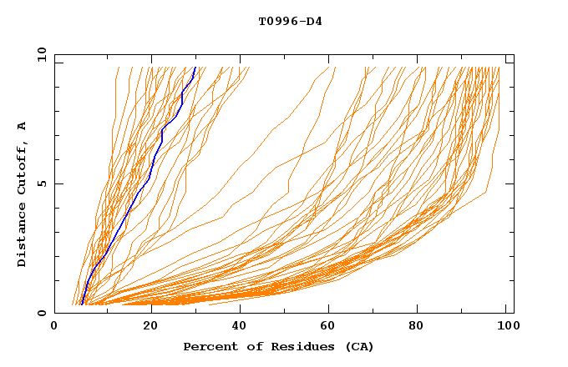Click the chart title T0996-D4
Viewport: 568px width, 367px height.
tap(290, 21)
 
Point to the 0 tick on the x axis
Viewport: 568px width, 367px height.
tap(54, 325)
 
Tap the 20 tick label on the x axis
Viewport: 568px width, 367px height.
tap(151, 325)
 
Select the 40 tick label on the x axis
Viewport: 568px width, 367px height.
tap(241, 325)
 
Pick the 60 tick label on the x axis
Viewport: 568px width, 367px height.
tap(332, 325)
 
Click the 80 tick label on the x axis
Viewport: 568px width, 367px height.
tap(422, 325)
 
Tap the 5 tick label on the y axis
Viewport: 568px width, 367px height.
tap(38, 183)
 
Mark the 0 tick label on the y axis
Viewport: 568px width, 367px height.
tap(38, 313)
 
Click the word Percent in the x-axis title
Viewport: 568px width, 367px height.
tap(207, 346)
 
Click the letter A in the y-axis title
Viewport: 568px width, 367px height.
tap(22, 126)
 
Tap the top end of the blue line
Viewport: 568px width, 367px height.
tap(195, 67)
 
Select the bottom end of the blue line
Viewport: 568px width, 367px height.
tap(81, 304)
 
